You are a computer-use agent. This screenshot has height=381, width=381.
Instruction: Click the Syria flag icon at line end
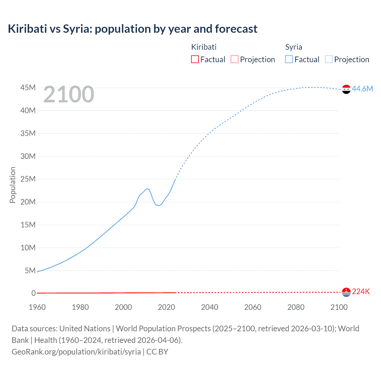(x=346, y=89)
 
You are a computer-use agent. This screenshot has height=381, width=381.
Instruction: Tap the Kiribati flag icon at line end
(x=346, y=292)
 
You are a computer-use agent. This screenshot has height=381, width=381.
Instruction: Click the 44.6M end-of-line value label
(x=362, y=89)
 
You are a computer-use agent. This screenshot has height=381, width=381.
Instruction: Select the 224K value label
(x=361, y=292)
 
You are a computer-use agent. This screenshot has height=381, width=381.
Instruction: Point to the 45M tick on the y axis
(x=28, y=88)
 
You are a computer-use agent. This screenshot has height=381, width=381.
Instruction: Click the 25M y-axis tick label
(x=28, y=179)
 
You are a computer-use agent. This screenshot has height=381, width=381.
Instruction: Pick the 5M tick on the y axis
(x=30, y=271)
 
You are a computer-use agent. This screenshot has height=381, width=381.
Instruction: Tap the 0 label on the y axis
(x=33, y=293)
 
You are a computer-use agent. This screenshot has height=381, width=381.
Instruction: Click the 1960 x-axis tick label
(x=37, y=307)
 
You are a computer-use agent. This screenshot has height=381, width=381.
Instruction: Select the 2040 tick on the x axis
(x=210, y=307)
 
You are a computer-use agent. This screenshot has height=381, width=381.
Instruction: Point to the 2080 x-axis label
(x=296, y=307)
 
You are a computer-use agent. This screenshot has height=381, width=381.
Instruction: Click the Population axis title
(x=13, y=185)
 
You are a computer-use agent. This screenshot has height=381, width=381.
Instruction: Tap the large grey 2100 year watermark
(x=69, y=94)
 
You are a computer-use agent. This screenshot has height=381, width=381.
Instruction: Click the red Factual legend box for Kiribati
(x=195, y=59)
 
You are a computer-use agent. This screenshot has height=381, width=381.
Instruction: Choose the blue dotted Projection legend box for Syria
(x=329, y=59)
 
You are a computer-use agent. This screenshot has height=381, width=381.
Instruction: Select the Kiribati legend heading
(x=204, y=47)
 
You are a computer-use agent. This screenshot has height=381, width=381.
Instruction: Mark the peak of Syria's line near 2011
(x=147, y=188)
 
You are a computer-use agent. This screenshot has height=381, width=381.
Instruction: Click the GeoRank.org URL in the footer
(x=76, y=352)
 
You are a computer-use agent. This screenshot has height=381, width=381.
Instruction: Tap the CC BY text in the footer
(x=157, y=352)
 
